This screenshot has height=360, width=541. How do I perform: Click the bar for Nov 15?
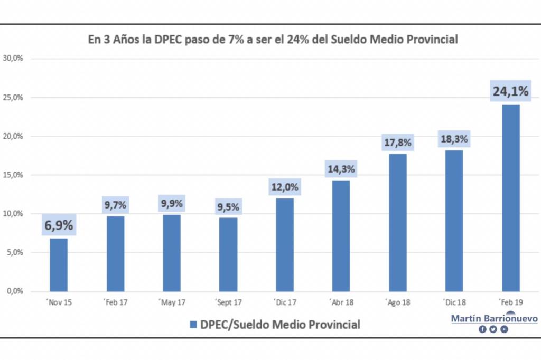(59, 264)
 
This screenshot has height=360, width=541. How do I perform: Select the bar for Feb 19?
(511, 197)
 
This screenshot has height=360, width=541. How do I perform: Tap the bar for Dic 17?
(285, 244)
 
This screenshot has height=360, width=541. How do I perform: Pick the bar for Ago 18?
(398, 222)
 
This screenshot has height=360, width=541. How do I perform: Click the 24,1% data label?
(510, 91)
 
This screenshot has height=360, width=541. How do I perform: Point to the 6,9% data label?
(58, 225)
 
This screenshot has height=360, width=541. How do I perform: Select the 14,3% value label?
(341, 170)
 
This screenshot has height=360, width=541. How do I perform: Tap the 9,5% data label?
(228, 207)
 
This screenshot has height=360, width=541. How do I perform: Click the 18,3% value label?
(454, 139)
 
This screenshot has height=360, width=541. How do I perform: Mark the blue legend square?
(193, 324)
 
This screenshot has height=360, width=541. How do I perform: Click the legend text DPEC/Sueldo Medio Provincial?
(280, 324)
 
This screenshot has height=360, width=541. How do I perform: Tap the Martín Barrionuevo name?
(494, 319)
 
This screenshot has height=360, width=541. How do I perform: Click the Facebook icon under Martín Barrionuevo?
(482, 329)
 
